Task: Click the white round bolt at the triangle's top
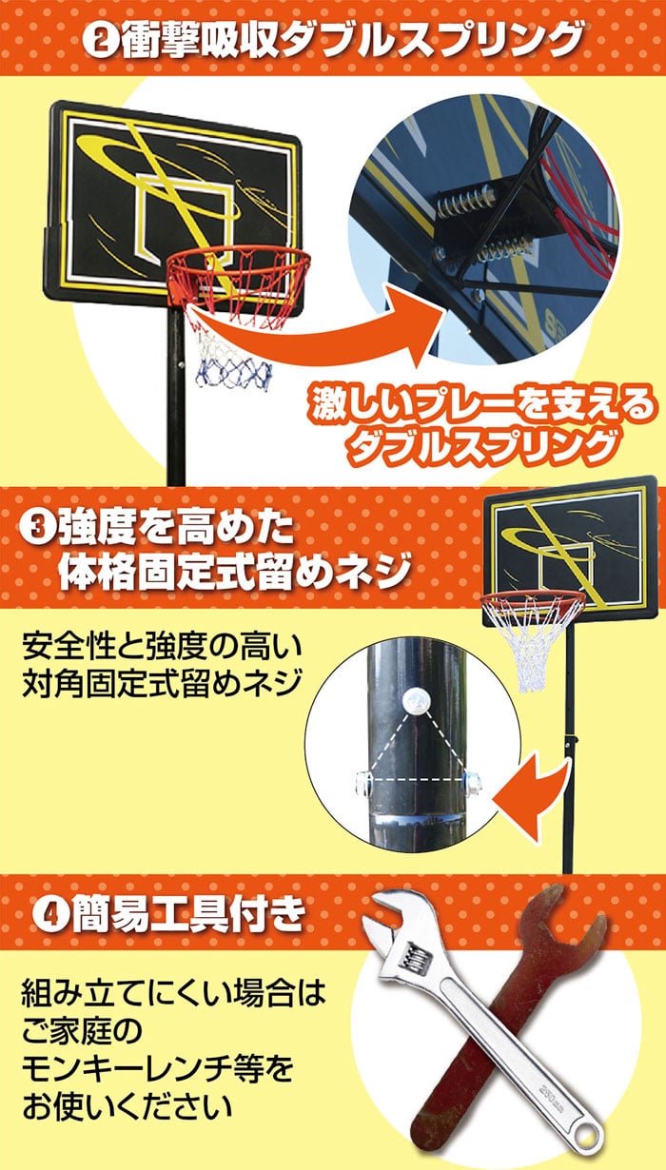tap(417, 698)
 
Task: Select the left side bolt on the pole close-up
tap(362, 783)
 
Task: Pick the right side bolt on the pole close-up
tap(473, 783)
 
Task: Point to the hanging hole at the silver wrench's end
tap(587, 1128)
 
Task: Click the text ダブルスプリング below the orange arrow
tap(480, 445)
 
